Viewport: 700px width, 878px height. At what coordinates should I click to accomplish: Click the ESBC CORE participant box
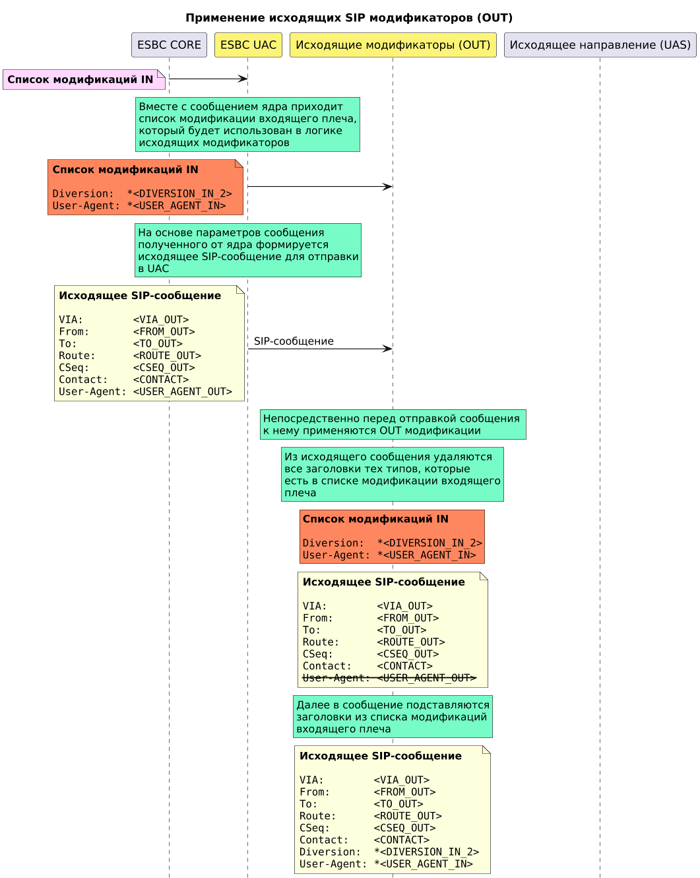tap(169, 45)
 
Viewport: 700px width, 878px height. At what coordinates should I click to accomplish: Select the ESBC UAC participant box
tap(248, 45)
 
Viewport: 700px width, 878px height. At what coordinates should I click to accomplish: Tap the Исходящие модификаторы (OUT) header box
tap(393, 45)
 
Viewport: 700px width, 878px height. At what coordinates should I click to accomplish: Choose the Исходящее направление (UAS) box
tap(600, 45)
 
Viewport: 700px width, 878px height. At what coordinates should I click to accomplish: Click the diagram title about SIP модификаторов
tap(349, 18)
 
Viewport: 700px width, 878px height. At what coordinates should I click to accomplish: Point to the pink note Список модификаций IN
tap(80, 79)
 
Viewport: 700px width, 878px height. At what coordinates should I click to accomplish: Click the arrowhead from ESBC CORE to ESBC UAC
tap(243, 79)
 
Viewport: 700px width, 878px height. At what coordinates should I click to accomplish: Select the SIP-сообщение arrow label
tap(294, 341)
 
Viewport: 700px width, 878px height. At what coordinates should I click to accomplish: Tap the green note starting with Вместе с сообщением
tap(247, 124)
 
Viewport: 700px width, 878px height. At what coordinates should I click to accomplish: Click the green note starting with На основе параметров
tap(248, 250)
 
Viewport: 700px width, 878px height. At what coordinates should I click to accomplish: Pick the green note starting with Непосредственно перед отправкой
tap(393, 424)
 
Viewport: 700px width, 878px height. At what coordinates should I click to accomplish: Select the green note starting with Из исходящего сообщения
tap(393, 475)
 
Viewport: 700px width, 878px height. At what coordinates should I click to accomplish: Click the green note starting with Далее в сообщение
tap(393, 717)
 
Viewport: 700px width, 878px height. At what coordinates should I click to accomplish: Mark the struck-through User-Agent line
tap(389, 678)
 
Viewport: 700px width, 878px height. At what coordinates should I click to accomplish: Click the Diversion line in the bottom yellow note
tap(389, 852)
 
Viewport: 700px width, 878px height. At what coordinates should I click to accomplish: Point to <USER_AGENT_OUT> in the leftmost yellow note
tap(183, 391)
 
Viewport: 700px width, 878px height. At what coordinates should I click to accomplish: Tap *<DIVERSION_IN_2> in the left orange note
tap(179, 193)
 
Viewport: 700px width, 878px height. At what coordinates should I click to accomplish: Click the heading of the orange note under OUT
tap(375, 519)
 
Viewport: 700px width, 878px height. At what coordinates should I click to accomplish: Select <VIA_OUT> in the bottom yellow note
tap(402, 780)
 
